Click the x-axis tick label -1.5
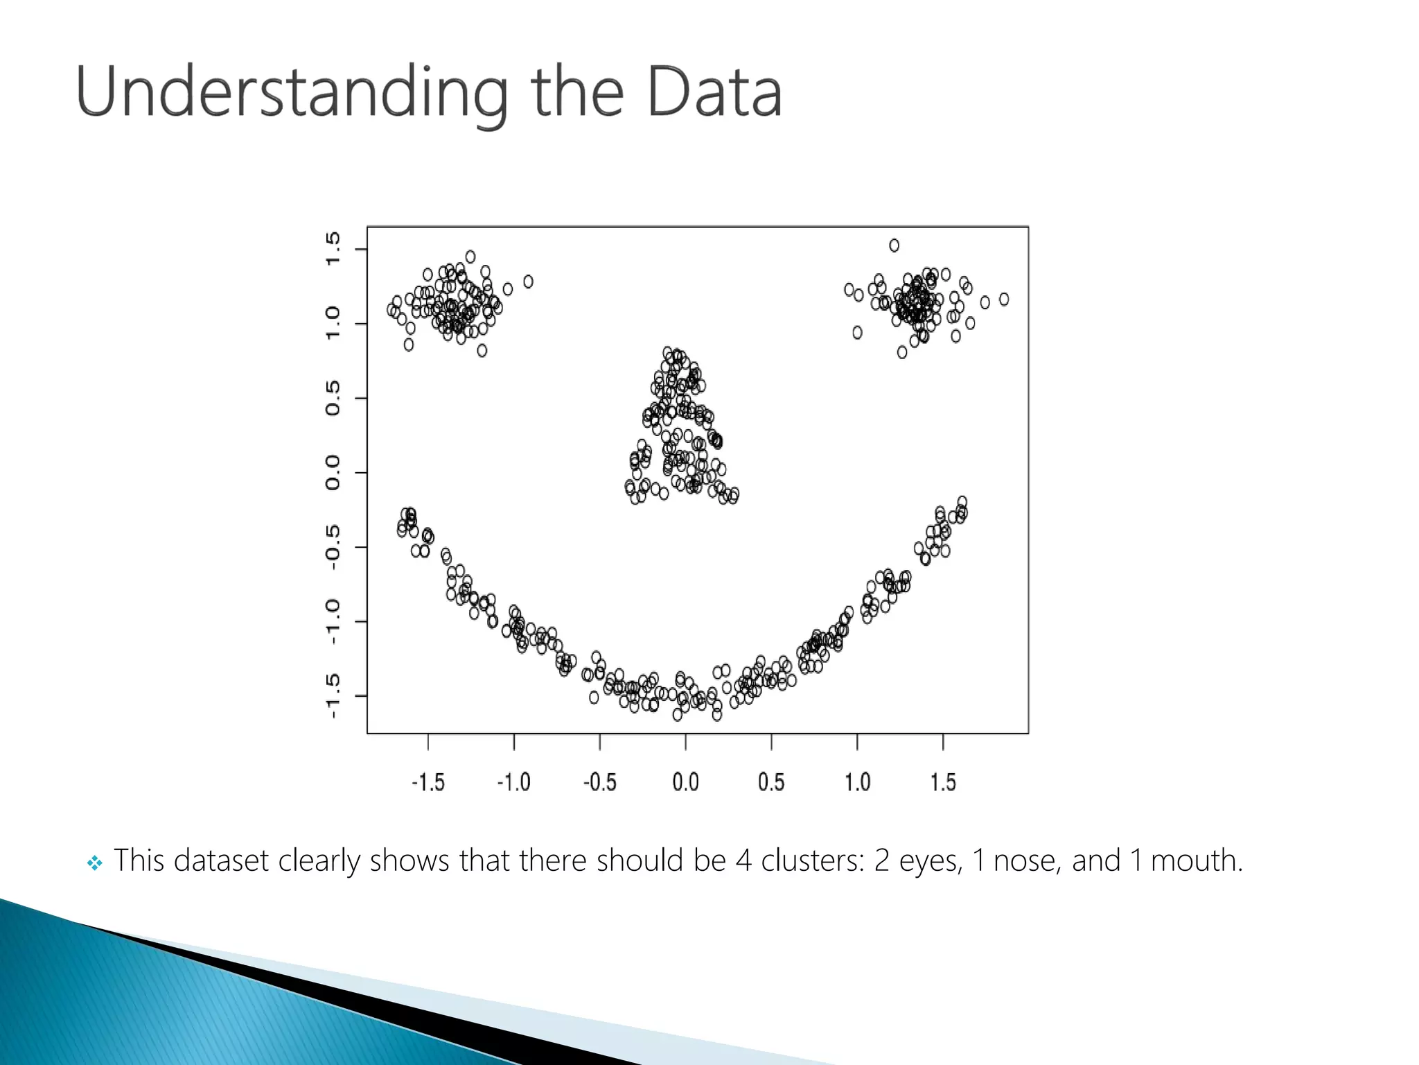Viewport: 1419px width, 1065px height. click(x=428, y=782)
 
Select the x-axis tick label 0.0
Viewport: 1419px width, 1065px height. click(x=685, y=782)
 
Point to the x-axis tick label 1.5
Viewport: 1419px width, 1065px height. click(x=942, y=782)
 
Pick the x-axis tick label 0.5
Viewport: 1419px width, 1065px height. click(x=771, y=782)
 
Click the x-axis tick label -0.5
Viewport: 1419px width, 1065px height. click(x=599, y=782)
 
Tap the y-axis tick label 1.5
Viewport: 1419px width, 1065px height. click(x=333, y=249)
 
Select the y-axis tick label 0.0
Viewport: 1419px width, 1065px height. click(x=333, y=473)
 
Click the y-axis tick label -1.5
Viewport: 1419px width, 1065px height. click(x=333, y=695)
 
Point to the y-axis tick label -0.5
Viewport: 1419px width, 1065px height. click(x=333, y=547)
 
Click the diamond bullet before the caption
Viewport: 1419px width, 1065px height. click(x=95, y=863)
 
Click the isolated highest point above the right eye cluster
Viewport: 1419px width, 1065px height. click(x=894, y=245)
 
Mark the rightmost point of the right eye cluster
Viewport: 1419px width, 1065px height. click(x=1004, y=300)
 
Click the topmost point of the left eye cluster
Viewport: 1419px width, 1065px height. click(x=470, y=257)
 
